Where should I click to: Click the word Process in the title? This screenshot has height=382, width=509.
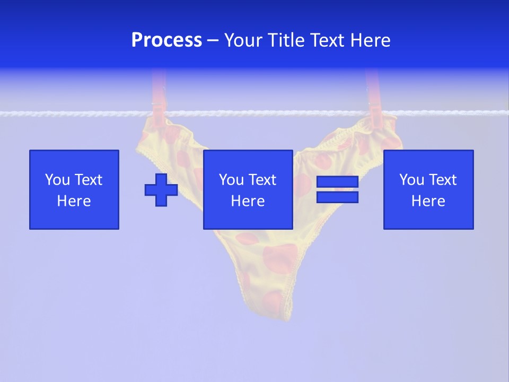166,40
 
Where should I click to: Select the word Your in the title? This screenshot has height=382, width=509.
243,40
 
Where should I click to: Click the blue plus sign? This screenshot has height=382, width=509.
161,189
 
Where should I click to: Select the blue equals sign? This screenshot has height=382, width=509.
337,189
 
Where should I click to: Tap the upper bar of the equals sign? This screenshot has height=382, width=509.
337,181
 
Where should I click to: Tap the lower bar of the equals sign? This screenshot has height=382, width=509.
337,197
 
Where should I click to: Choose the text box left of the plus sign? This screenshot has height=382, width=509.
74,189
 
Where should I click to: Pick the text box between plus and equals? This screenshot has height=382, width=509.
248,189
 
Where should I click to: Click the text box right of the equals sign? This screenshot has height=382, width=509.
428,189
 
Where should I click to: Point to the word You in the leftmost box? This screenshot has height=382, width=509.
56,180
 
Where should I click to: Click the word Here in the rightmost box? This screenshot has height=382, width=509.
428,201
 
